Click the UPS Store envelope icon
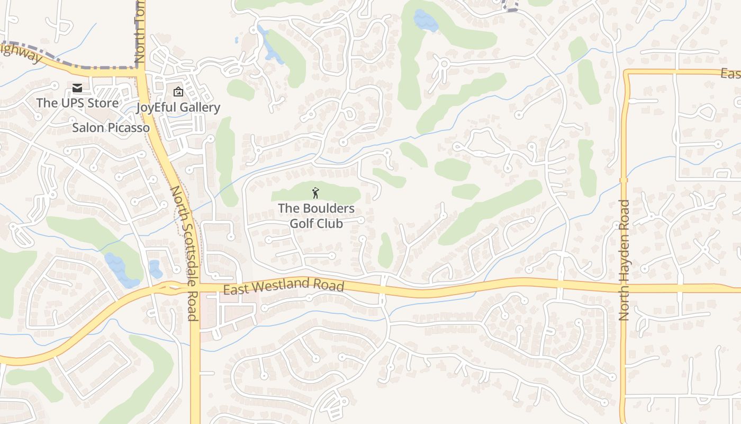click(77, 88)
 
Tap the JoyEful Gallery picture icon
click(178, 92)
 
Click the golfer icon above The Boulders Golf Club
click(316, 193)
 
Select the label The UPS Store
click(77, 103)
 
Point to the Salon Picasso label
click(111, 128)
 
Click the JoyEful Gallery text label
click(178, 108)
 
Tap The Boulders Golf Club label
click(316, 216)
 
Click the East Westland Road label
click(284, 286)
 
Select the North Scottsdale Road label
click(185, 253)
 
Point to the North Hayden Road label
click(624, 260)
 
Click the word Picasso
click(129, 128)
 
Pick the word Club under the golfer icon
click(331, 223)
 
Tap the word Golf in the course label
click(302, 223)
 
